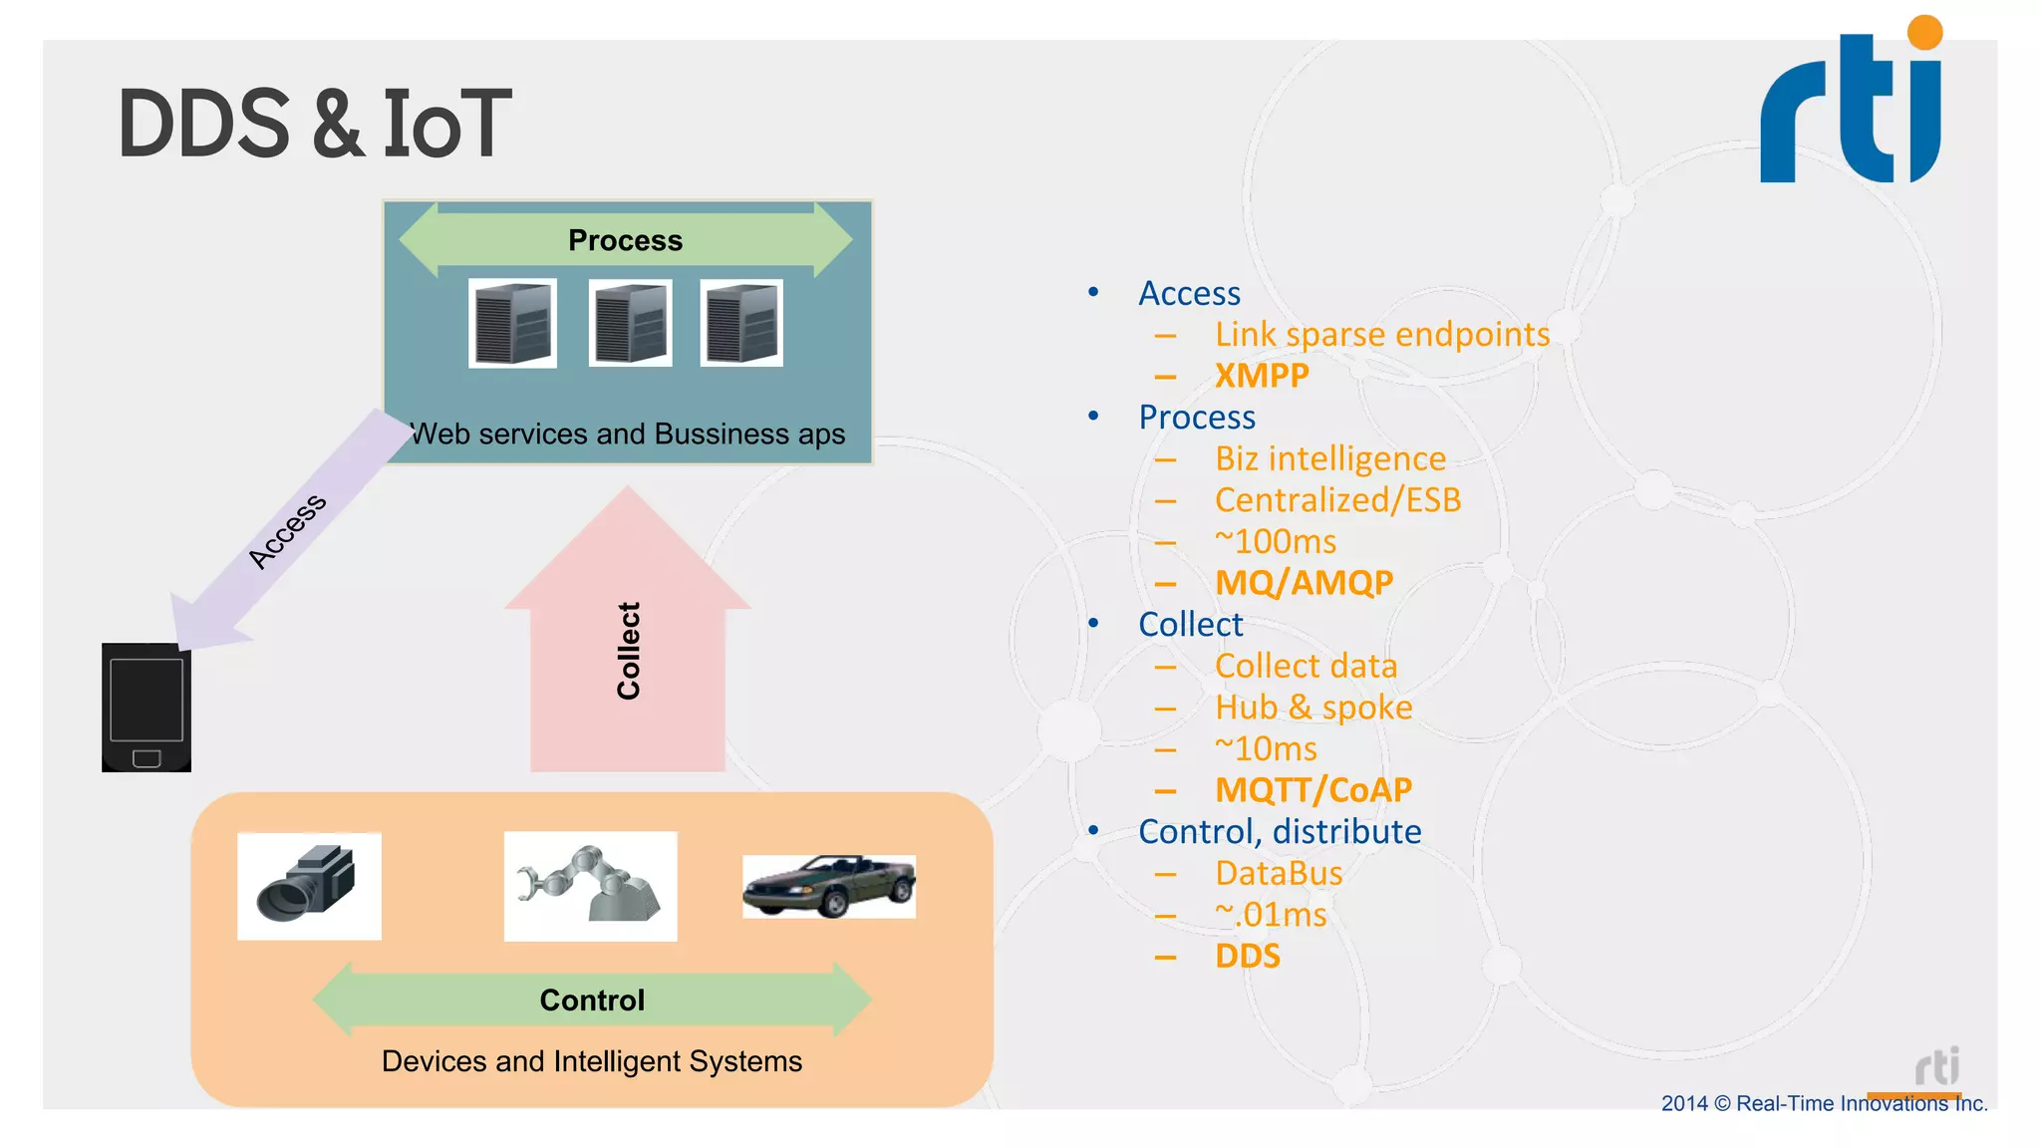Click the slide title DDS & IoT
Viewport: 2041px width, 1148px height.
(314, 124)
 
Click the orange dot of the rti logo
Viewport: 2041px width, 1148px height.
(1924, 32)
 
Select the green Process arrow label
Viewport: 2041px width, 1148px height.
(625, 240)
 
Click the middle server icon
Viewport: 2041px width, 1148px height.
(630, 323)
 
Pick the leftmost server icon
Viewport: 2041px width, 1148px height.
(512, 323)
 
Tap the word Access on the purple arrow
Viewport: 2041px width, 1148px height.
(287, 530)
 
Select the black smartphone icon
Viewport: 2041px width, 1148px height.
(146, 708)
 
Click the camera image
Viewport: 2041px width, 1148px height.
(309, 886)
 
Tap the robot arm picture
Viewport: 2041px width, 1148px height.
(590, 886)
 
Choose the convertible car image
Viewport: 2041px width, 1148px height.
(828, 886)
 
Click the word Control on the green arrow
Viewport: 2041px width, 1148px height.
(592, 1000)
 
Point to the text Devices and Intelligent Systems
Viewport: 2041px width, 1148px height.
(592, 1061)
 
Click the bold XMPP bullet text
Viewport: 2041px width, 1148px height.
(1261, 376)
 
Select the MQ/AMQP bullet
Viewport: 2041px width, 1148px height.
(1304, 583)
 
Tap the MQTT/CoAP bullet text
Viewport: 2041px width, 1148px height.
(1312, 790)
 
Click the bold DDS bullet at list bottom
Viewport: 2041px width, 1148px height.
(1247, 956)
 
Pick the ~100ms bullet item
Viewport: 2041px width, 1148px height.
(1276, 541)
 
